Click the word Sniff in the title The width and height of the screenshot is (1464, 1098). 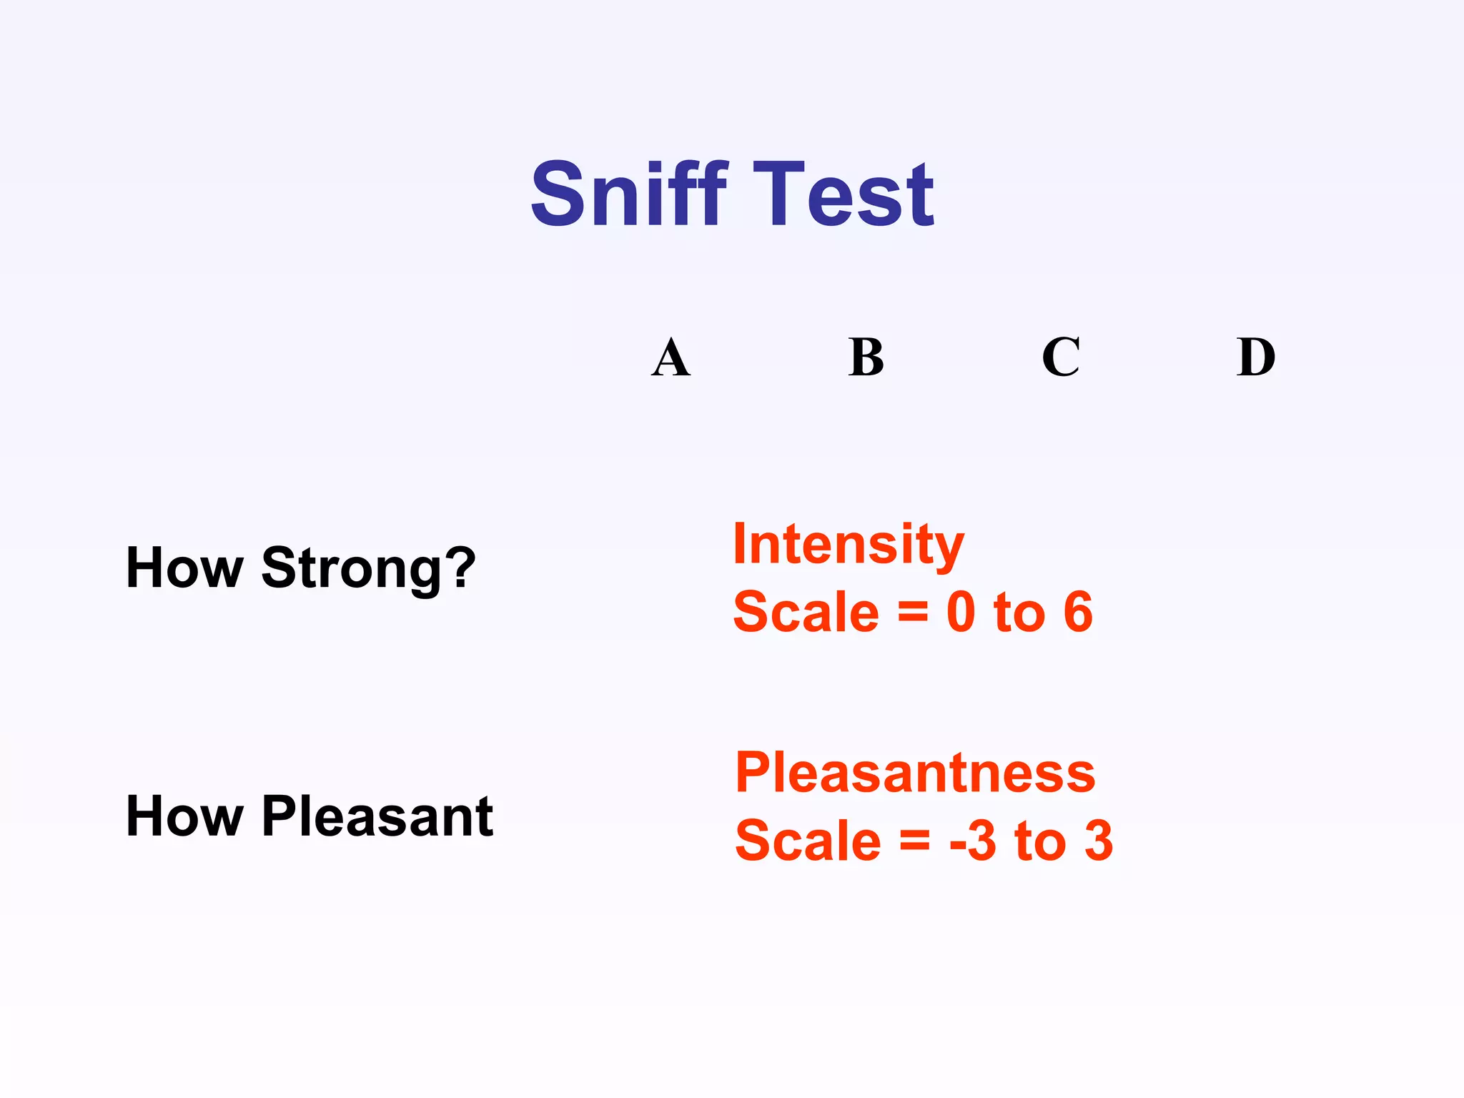tap(629, 194)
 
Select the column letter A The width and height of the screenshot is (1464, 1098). tap(671, 357)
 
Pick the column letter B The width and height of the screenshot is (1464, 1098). tap(866, 357)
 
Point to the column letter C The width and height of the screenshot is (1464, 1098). tap(1061, 357)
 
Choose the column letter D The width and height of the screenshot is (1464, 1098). tap(1256, 357)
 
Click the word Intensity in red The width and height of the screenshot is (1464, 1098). tap(849, 545)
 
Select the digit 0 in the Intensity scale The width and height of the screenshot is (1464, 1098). tap(961, 613)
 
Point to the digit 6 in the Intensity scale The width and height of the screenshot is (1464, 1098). tap(1078, 613)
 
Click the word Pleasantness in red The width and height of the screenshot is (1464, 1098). tap(915, 773)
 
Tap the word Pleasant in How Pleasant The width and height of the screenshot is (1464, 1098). tap(377, 816)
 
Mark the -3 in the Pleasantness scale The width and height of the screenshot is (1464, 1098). tap(973, 841)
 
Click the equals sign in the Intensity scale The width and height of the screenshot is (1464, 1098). tap(913, 613)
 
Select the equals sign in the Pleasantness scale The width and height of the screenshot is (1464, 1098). tap(915, 841)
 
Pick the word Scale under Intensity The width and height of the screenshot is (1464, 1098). tap(806, 613)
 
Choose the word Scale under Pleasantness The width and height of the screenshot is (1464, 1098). tap(808, 841)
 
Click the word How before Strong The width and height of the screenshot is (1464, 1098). tap(184, 569)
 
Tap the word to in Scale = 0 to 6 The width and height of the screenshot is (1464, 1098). tap(1019, 613)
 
